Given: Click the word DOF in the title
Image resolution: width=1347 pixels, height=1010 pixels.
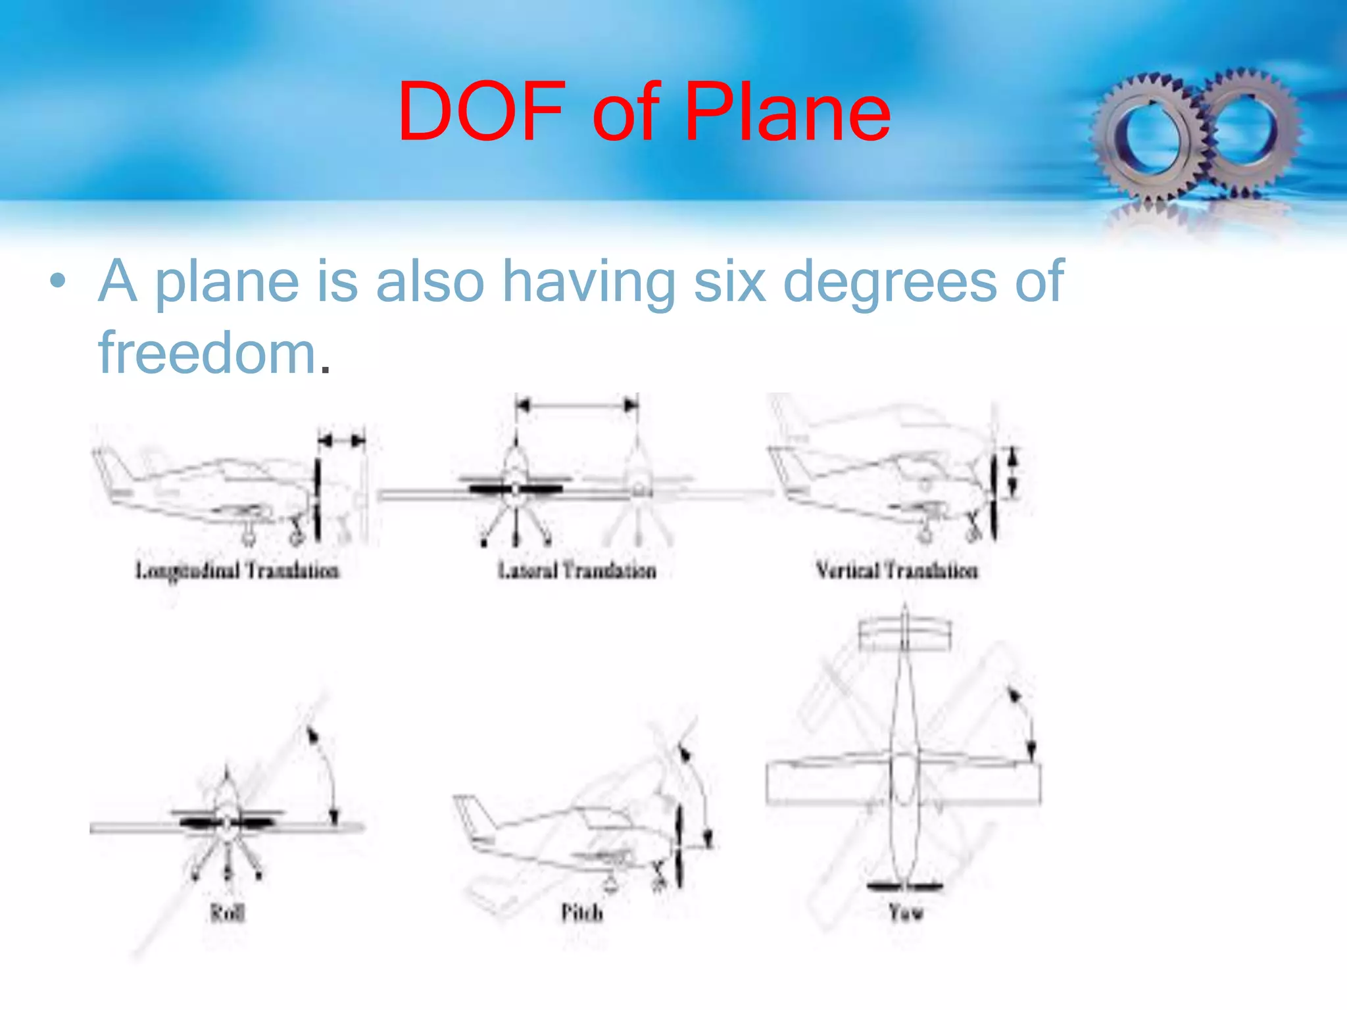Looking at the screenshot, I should [x=481, y=112].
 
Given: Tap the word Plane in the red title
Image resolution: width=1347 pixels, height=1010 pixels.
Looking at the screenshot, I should [x=787, y=112].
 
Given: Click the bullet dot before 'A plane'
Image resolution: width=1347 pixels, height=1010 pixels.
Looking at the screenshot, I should [x=58, y=281].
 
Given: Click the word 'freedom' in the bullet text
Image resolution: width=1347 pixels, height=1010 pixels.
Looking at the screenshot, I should [x=208, y=353].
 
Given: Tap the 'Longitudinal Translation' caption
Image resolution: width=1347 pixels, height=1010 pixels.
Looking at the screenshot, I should [x=237, y=570].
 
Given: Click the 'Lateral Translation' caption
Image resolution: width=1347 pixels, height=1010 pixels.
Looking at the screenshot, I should [x=577, y=570].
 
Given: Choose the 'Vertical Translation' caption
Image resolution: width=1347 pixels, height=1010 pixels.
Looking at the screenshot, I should [x=896, y=570].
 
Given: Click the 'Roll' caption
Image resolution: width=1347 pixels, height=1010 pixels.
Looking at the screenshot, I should [x=228, y=913].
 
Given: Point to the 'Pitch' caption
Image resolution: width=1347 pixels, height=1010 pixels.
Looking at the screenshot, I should [x=581, y=913].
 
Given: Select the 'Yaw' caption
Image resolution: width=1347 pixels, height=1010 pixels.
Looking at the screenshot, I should [x=906, y=913].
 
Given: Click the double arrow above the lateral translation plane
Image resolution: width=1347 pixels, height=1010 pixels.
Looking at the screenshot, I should [x=577, y=405].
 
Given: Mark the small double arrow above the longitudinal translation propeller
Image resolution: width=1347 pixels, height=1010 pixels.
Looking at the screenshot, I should [x=341, y=441].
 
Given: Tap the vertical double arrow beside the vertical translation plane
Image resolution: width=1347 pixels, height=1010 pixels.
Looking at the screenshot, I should [x=1014, y=471].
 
